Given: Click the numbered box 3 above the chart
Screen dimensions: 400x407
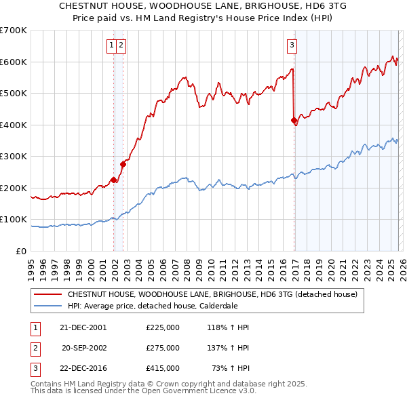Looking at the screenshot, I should (292, 45).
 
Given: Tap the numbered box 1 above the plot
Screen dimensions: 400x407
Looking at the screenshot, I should (111, 45).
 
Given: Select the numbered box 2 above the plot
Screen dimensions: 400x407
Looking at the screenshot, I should (121, 45).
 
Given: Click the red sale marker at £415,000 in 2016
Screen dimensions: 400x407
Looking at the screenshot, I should (294, 121).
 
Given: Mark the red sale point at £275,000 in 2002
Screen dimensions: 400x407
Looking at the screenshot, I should (123, 163).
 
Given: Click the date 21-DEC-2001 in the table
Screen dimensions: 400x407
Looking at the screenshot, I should (83, 327).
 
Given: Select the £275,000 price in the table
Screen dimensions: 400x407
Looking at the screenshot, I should (163, 348).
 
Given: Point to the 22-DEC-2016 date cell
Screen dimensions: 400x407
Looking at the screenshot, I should (83, 368).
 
